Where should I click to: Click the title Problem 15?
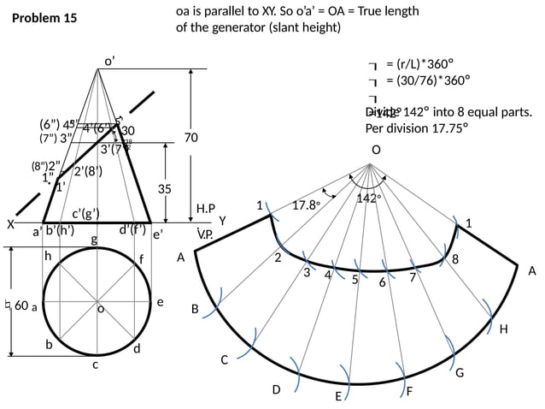click(x=44, y=18)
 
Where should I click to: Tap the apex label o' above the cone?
click(x=109, y=61)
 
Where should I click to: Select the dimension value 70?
click(x=190, y=137)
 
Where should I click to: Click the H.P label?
click(x=206, y=209)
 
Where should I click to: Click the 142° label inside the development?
click(x=366, y=199)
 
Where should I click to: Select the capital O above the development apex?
click(x=376, y=151)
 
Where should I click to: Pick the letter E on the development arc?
click(x=338, y=397)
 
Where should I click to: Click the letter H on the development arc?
click(x=503, y=329)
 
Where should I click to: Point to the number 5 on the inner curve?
click(x=355, y=278)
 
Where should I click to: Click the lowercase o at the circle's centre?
click(x=100, y=309)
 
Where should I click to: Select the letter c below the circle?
click(x=96, y=365)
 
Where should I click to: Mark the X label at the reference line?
click(x=10, y=224)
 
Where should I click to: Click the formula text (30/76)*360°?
click(x=429, y=81)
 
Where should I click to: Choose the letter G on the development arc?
click(x=460, y=372)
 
